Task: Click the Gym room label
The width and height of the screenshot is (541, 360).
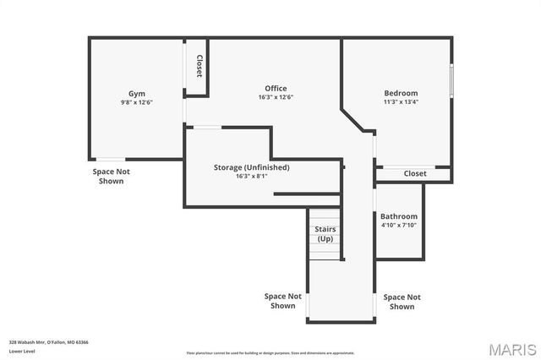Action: [137, 93]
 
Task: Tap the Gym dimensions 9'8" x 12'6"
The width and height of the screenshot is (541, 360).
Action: [137, 102]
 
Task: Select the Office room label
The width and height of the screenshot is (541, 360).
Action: [276, 88]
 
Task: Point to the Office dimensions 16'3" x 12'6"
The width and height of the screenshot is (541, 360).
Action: [276, 97]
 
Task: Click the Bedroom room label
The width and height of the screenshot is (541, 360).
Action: [401, 93]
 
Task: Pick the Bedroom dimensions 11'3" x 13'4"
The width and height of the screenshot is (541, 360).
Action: [401, 102]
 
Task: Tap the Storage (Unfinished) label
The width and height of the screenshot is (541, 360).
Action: [251, 167]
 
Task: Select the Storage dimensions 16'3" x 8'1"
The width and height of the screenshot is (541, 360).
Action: [251, 177]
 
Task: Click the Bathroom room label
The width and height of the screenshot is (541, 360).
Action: [398, 216]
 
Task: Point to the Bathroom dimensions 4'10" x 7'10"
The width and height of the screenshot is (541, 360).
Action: [398, 226]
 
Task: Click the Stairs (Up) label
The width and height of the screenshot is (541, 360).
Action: [325, 233]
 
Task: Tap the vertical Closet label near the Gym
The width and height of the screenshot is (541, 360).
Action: [199, 67]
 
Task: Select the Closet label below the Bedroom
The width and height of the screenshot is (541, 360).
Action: [415, 173]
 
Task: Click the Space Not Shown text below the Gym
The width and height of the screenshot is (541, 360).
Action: [111, 176]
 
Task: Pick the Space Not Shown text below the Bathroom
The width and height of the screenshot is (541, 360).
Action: [402, 302]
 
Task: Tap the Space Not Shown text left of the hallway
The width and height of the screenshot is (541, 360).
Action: [283, 301]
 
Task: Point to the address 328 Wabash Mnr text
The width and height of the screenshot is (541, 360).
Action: [49, 342]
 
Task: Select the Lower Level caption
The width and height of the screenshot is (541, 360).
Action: [22, 351]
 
